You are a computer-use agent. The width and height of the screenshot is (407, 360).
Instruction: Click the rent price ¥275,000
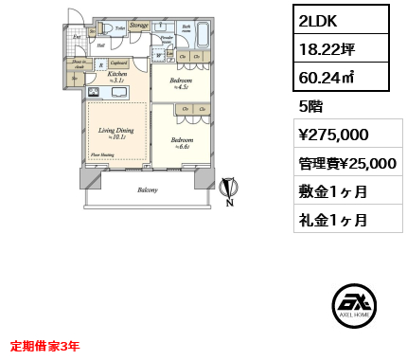[333, 135]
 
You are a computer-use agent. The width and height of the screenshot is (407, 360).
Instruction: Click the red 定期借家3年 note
[44, 346]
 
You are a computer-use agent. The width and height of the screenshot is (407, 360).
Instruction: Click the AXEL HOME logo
[355, 305]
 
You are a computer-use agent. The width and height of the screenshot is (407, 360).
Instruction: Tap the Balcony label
[147, 190]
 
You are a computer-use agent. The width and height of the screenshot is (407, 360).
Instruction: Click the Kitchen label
[117, 75]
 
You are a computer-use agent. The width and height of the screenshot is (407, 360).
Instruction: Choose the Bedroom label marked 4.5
[181, 83]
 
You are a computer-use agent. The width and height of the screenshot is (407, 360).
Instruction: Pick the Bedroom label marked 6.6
[182, 142]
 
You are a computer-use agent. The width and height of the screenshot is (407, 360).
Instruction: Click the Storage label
[139, 25]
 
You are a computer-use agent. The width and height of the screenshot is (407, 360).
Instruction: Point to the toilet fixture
[106, 29]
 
